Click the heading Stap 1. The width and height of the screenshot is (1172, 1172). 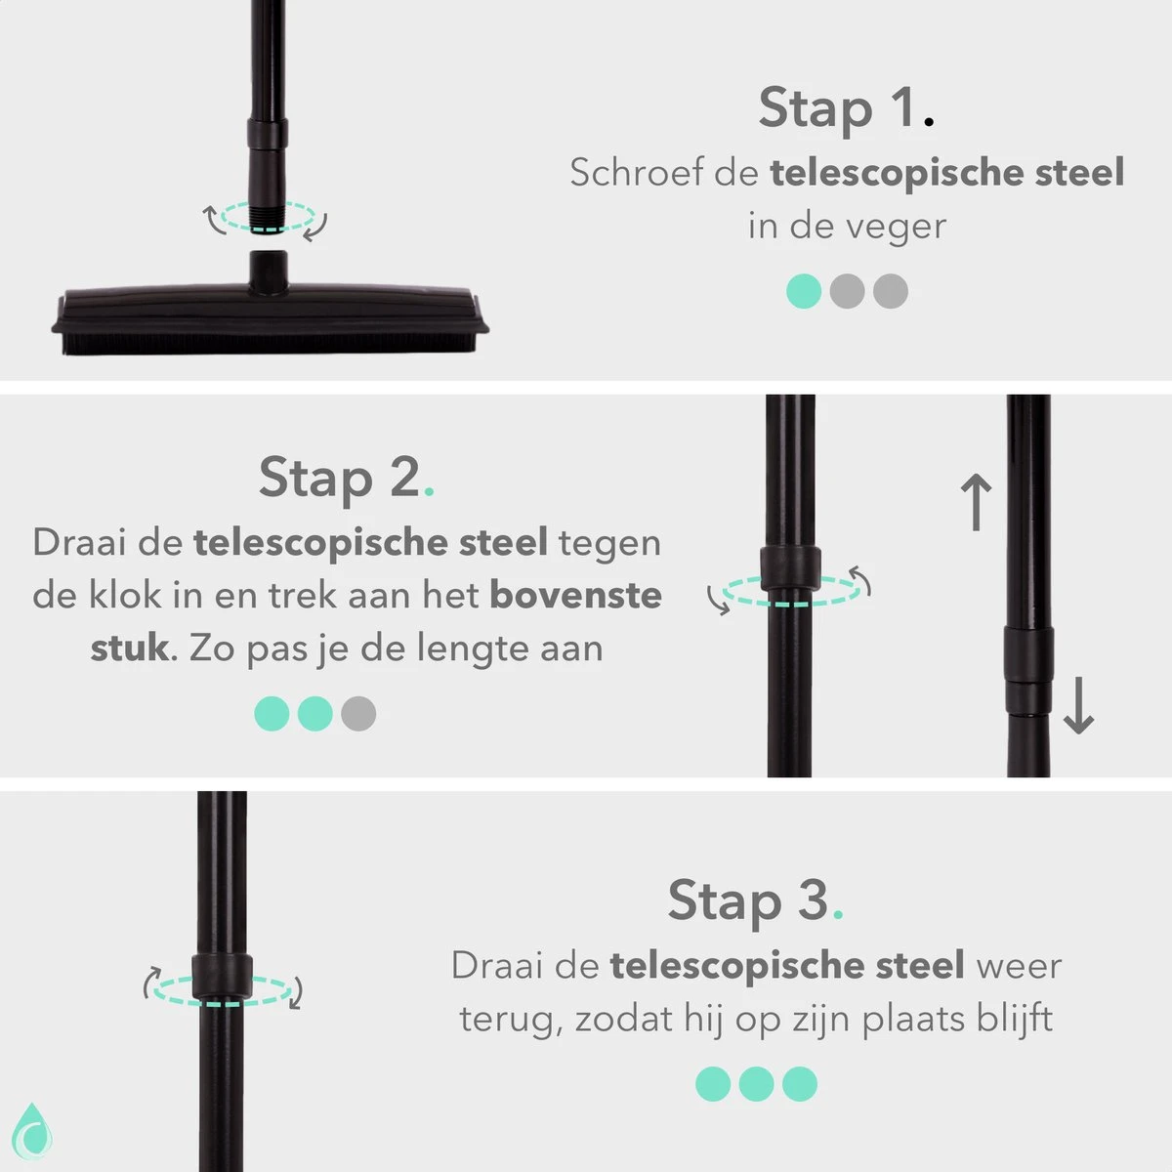(846, 107)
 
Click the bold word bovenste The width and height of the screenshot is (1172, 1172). (575, 595)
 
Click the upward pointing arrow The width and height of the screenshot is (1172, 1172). (977, 502)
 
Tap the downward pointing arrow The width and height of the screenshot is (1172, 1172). (1078, 707)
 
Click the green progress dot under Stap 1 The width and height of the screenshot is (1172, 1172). (804, 291)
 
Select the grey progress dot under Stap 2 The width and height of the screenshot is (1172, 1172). (358, 713)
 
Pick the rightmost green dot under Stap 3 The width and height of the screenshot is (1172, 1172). (800, 1084)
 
